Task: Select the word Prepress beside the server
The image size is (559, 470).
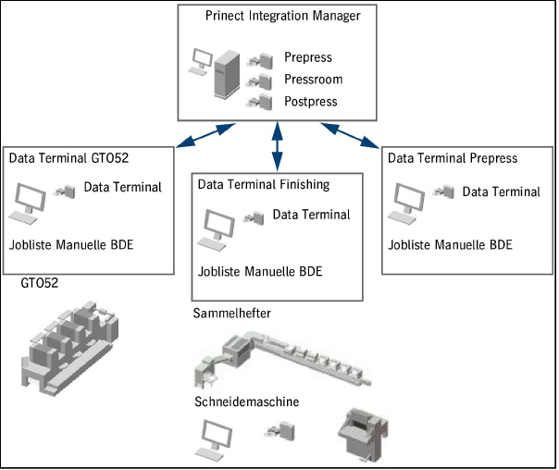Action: click(x=308, y=58)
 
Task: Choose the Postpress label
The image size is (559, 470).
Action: click(x=311, y=101)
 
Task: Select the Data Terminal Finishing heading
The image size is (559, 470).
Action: click(x=264, y=184)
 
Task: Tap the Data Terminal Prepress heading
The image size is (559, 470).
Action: click(x=453, y=158)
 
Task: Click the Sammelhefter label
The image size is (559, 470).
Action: click(x=232, y=314)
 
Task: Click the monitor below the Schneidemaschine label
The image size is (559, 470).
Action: click(x=217, y=436)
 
